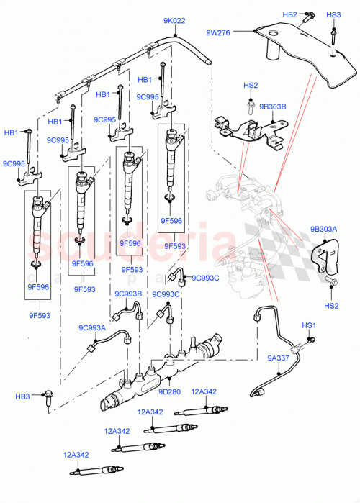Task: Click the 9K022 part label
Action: [174, 21]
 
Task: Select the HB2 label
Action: [289, 14]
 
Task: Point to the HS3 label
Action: [333, 14]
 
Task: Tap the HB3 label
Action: [23, 396]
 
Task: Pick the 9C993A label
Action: [92, 328]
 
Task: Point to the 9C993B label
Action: [127, 294]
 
